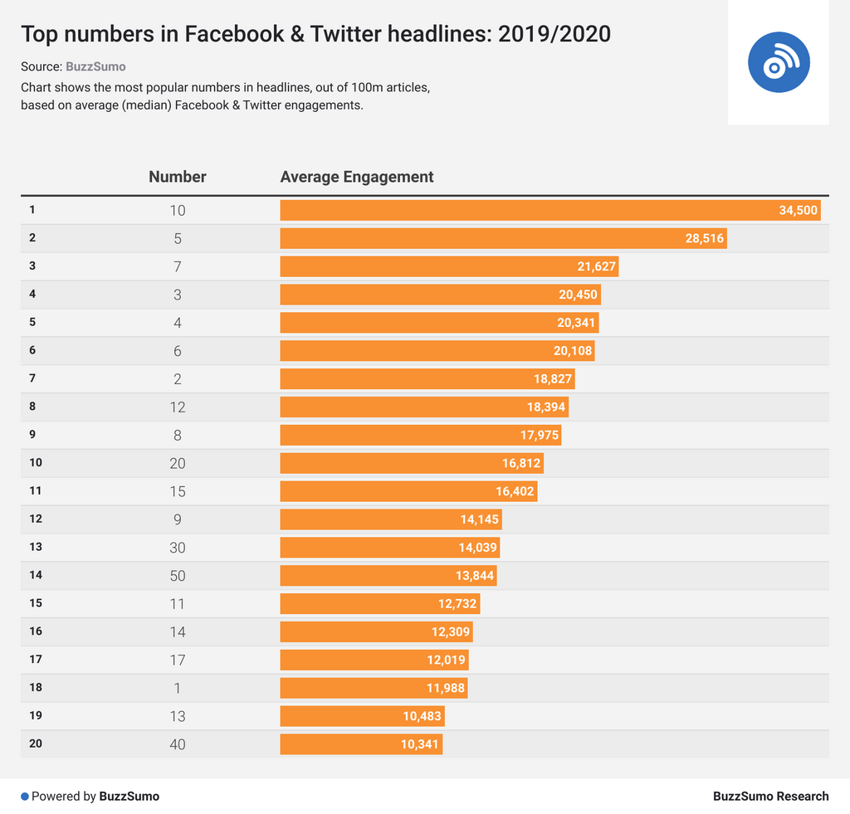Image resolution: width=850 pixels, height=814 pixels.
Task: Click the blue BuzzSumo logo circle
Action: [778, 62]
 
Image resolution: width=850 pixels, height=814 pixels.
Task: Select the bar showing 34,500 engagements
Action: [550, 210]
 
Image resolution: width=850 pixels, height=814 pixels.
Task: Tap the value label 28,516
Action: [705, 238]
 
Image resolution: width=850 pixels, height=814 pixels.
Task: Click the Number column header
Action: [178, 177]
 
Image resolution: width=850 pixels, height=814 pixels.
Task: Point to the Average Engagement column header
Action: [357, 177]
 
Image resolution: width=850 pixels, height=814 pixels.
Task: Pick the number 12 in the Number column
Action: [178, 407]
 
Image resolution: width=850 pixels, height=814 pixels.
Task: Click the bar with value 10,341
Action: [361, 744]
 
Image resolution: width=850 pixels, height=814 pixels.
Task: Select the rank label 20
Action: [35, 743]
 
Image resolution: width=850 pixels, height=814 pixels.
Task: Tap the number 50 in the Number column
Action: [178, 576]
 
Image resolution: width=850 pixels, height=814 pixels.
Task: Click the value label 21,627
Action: [596, 266]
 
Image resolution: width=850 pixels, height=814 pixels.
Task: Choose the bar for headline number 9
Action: [390, 519]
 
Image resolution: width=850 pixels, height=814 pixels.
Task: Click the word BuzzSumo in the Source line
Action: [95, 66]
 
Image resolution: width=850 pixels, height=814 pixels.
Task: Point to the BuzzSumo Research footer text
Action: [770, 797]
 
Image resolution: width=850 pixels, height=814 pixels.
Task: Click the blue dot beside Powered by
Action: [25, 797]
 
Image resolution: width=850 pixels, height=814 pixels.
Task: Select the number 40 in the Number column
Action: [178, 744]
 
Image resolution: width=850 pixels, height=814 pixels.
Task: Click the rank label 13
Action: [35, 547]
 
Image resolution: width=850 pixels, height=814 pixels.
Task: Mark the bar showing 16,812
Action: [411, 463]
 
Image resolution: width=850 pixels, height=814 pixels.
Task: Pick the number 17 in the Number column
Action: [178, 660]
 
